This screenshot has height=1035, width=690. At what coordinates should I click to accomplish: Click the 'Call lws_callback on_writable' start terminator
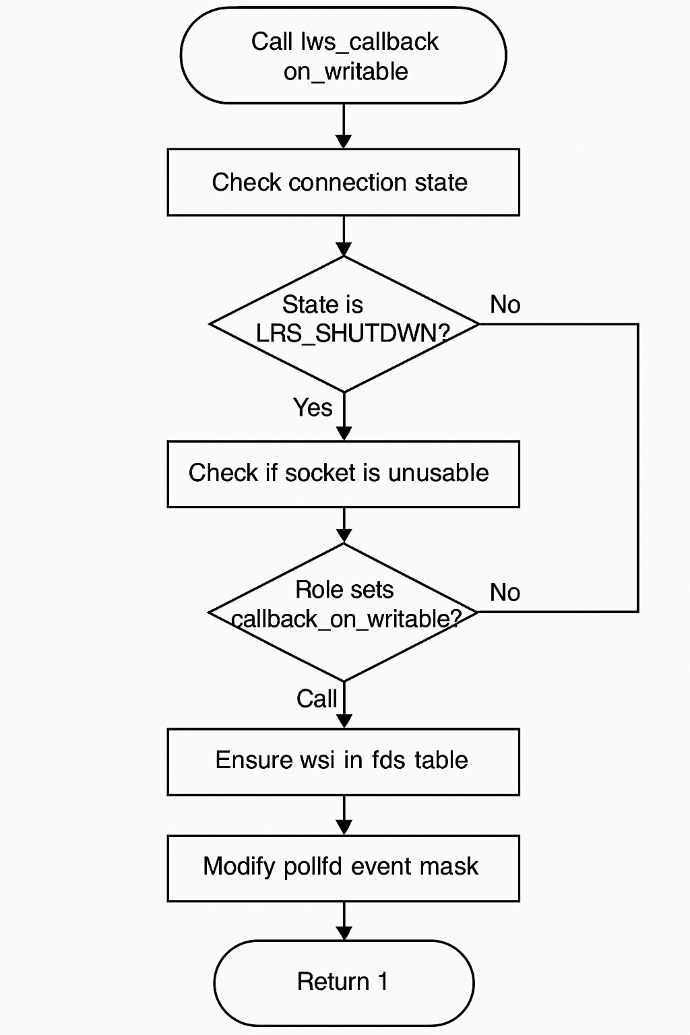coord(344,56)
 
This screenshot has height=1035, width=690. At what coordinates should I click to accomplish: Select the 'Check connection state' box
coord(344,183)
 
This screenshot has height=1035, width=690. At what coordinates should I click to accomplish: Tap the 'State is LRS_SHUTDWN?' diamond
coord(344,323)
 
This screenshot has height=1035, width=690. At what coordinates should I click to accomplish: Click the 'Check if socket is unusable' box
coord(344,474)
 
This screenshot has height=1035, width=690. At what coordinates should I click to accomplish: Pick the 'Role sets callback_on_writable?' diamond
coord(344,612)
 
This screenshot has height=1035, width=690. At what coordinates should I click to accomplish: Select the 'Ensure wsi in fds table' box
coord(344,761)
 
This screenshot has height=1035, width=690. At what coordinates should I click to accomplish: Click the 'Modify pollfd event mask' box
coord(344,867)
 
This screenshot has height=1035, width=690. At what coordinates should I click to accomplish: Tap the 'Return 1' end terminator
coord(344,982)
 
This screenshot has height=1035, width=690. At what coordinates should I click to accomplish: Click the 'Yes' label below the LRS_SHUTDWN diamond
coord(313,408)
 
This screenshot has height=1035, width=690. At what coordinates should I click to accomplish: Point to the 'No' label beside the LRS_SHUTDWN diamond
coord(505,305)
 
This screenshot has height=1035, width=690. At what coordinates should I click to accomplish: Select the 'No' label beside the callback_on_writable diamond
coord(505,592)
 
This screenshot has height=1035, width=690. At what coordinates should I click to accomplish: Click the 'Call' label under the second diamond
coord(316,699)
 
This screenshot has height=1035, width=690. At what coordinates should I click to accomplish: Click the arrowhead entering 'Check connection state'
coord(344,142)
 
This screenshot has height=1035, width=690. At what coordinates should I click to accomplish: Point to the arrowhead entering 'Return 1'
coord(344,933)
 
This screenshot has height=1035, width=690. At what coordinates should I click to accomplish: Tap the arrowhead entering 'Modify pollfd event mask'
coord(344,827)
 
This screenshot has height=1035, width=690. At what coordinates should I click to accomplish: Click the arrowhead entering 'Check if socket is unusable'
coord(344,433)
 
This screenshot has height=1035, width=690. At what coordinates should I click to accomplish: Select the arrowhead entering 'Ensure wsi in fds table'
coord(344,721)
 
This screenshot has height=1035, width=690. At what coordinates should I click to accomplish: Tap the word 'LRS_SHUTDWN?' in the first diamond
coord(352,334)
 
